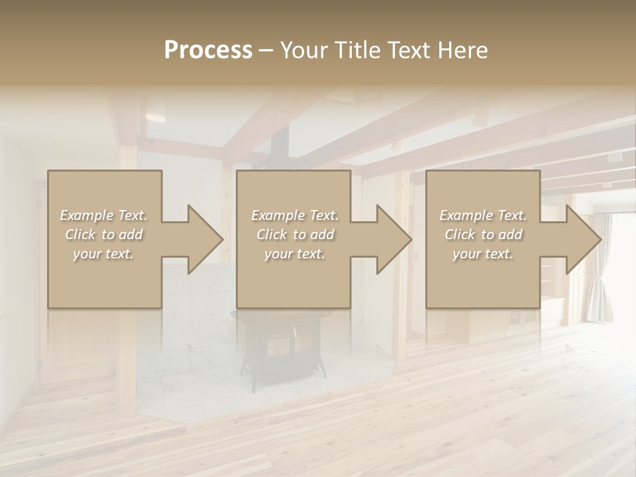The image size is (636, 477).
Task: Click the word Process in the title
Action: tap(208, 50)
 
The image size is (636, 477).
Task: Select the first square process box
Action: tap(105, 278)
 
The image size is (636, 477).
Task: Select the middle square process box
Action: tap(293, 278)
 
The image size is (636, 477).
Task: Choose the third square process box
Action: tap(482, 278)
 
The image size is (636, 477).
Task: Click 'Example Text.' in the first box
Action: tap(103, 215)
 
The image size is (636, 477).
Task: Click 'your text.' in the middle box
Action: tap(294, 254)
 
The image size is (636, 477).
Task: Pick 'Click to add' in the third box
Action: tap(483, 235)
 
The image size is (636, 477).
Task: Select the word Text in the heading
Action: tap(407, 50)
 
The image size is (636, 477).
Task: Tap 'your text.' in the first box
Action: tap(103, 254)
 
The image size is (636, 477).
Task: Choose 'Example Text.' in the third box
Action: tap(483, 215)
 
